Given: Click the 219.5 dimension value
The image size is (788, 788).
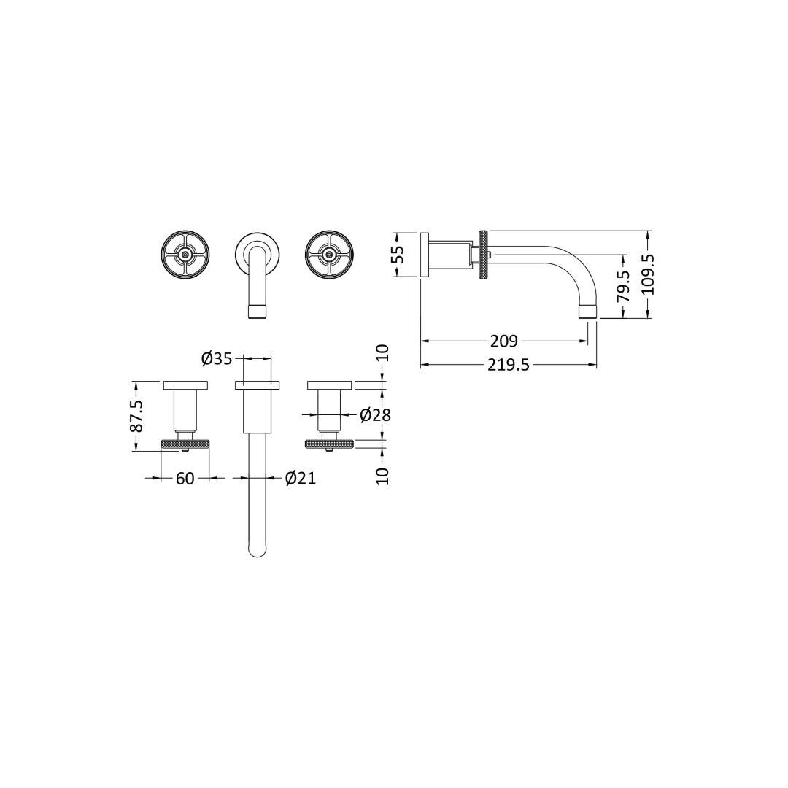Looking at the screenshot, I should pyautogui.click(x=509, y=365).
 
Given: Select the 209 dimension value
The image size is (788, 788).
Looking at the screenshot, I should pyautogui.click(x=503, y=341).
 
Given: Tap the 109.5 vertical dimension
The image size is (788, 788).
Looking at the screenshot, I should pyautogui.click(x=647, y=274).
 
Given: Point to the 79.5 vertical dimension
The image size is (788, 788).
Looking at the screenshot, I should pyautogui.click(x=622, y=285).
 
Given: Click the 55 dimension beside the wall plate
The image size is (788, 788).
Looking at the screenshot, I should pyautogui.click(x=397, y=254).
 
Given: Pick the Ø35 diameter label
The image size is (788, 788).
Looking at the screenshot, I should pyautogui.click(x=216, y=358).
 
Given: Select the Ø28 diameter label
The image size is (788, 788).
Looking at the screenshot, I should pyautogui.click(x=376, y=415).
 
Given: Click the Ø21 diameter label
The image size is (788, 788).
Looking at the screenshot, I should pyautogui.click(x=300, y=478).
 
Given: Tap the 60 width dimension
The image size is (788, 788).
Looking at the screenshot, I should pyautogui.click(x=185, y=479).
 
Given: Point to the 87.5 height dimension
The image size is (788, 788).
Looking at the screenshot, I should pyautogui.click(x=136, y=416).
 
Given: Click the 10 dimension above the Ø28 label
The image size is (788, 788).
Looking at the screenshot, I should pyautogui.click(x=382, y=353).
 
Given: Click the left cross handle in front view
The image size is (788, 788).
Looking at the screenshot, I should pyautogui.click(x=185, y=254).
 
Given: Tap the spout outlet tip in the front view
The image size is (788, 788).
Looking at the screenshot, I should pyautogui.click(x=257, y=312).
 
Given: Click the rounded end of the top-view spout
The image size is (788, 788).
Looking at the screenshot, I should pyautogui.click(x=257, y=549).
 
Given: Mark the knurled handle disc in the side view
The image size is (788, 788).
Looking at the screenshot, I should pyautogui.click(x=483, y=254).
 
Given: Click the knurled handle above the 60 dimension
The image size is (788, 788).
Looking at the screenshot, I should pyautogui.click(x=185, y=443).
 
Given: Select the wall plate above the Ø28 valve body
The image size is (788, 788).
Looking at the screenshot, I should pyautogui.click(x=329, y=385).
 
